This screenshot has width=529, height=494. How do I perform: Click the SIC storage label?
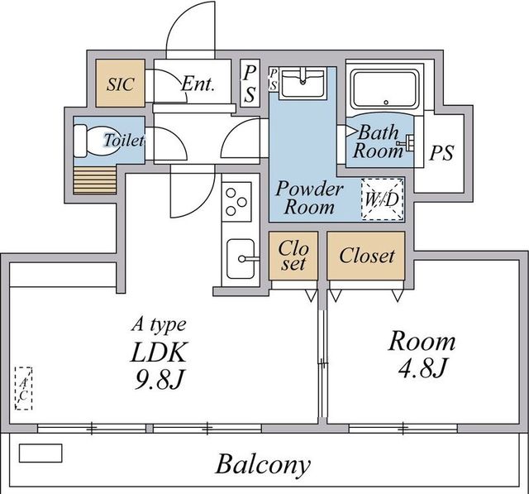coord(120,84)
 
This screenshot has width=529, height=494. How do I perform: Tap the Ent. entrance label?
coord(198,84)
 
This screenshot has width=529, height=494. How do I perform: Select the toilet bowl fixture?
coord(89,141)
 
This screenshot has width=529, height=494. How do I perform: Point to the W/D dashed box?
coord(383,199)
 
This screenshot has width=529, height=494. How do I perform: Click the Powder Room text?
coord(305,197)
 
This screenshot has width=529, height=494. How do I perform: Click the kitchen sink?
coord(241,259)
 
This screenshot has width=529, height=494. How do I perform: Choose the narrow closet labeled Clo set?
coord(293,256)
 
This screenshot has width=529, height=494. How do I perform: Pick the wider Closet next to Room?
coord(367,256)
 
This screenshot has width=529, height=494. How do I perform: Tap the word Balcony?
coord(263,464)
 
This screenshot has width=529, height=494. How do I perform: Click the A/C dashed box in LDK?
coord(24,388)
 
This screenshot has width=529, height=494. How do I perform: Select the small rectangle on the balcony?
coord(41,453)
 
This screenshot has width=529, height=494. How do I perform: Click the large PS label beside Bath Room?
coord(441,153)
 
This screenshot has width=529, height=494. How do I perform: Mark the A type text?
coord(161,324)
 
